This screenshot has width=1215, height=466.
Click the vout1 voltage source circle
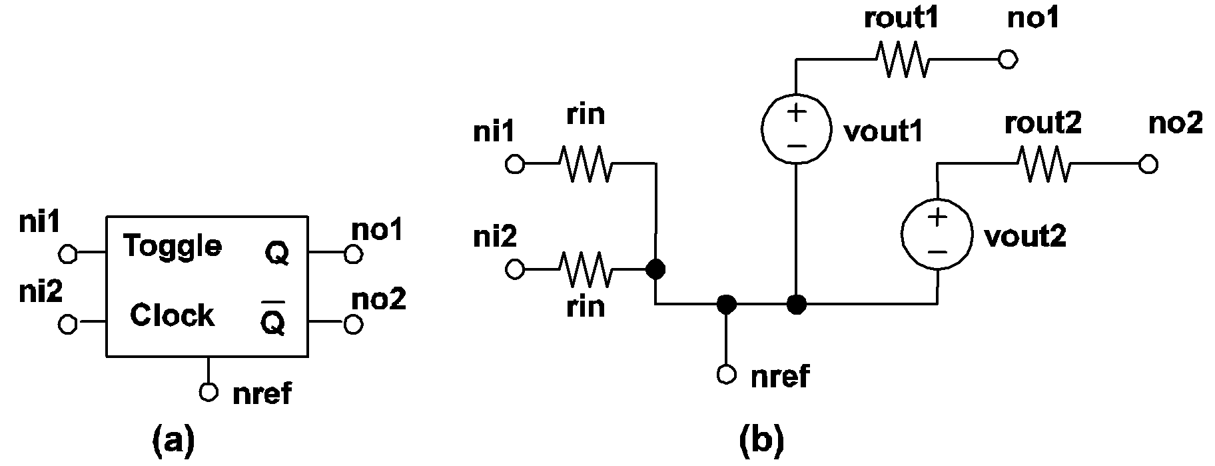click(x=797, y=128)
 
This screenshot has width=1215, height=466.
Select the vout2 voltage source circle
click(x=937, y=233)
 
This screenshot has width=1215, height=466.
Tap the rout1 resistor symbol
click(x=903, y=60)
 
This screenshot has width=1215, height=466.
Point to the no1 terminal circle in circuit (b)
click(x=1008, y=60)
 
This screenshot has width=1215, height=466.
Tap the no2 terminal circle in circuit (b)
click(x=1148, y=165)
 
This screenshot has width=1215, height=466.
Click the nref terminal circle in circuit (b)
click(x=727, y=375)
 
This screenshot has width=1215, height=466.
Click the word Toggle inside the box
click(x=173, y=247)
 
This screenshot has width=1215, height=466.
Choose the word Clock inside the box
click(x=172, y=315)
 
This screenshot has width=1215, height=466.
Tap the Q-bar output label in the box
click(x=273, y=321)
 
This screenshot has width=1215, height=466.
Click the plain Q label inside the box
click(x=276, y=253)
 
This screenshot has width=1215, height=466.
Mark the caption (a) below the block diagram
click(x=173, y=440)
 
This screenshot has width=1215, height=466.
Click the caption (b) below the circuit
click(x=761, y=440)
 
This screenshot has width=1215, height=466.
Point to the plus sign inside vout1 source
click(x=797, y=111)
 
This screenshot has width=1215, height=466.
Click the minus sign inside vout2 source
click(x=937, y=252)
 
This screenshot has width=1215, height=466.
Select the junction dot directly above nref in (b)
click(x=727, y=305)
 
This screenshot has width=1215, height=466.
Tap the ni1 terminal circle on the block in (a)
click(x=68, y=254)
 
